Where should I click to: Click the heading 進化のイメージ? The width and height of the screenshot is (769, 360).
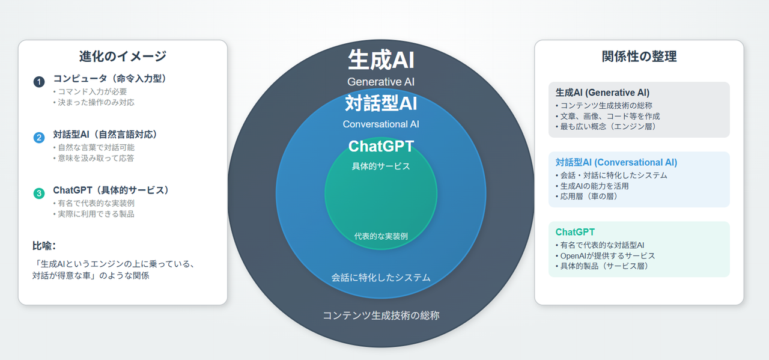point(123,56)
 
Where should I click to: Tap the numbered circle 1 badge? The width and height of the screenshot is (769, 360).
point(39,82)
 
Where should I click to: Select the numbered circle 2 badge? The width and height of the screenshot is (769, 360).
point(39,138)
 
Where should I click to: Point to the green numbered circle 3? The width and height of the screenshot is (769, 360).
point(39,193)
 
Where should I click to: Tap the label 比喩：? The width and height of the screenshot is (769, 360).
point(44,245)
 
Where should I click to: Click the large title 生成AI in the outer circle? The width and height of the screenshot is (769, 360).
point(381,60)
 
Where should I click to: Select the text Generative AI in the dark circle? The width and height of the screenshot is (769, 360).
point(381,82)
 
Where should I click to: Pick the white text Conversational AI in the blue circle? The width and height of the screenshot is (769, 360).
point(381,124)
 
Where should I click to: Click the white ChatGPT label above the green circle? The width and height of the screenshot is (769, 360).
point(381,147)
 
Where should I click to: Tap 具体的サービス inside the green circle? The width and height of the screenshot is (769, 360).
point(381,166)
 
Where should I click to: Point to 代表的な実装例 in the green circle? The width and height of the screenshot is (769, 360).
point(381,236)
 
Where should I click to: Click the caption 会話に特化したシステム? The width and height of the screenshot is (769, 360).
point(381,278)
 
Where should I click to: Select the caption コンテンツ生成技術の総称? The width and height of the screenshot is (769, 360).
point(381,315)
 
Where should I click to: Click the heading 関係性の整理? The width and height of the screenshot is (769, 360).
point(639,56)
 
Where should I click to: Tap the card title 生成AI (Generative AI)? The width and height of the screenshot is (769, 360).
point(603,93)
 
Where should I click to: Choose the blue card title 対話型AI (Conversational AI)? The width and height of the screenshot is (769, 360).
point(616,162)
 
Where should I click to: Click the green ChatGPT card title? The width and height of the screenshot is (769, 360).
point(575,232)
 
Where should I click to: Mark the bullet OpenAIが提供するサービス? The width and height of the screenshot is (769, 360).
point(606,255)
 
